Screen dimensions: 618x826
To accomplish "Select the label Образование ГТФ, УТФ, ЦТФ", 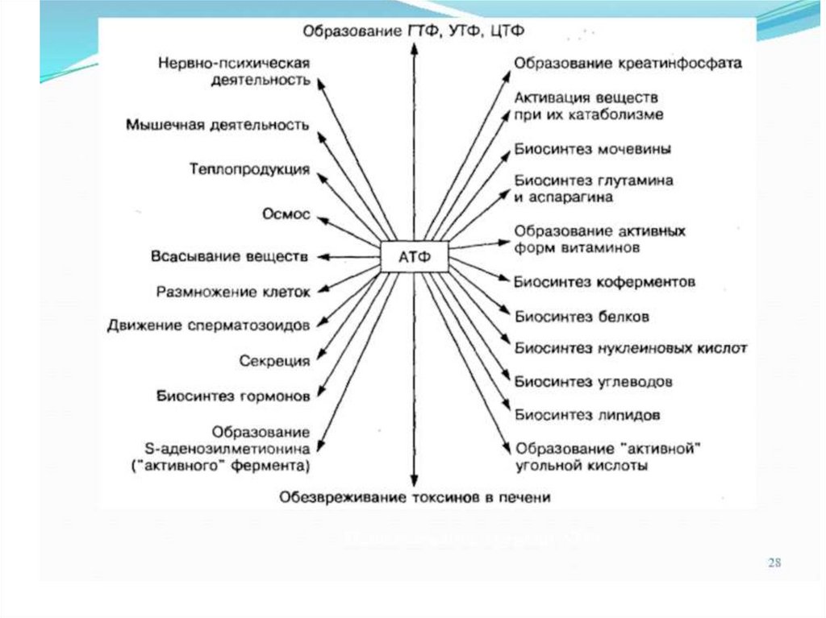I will click(415, 31).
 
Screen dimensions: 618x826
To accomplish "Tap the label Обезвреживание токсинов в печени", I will click(415, 497).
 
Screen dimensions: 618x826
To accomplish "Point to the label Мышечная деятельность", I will click(218, 125).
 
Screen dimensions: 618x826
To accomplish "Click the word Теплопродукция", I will click(250, 169).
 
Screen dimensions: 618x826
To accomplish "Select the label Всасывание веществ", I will click(230, 257).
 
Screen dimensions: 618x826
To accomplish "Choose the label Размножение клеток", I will click(233, 291).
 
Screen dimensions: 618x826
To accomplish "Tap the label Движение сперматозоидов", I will click(209, 326).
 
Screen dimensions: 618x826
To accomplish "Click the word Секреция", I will click(275, 361).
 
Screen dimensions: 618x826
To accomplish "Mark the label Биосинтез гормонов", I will click(233, 396).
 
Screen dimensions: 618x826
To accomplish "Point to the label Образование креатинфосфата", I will click(628, 63).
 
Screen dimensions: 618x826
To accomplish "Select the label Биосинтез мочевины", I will click(594, 150).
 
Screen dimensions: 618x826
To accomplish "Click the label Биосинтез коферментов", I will click(605, 282).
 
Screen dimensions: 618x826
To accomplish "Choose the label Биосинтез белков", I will click(582, 317).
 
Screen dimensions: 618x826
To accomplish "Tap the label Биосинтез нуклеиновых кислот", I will click(631, 348).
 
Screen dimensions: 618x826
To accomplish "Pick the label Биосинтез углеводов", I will click(594, 381).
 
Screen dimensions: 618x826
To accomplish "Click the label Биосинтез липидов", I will click(588, 415).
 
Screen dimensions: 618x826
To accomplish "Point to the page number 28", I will click(774, 562).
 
